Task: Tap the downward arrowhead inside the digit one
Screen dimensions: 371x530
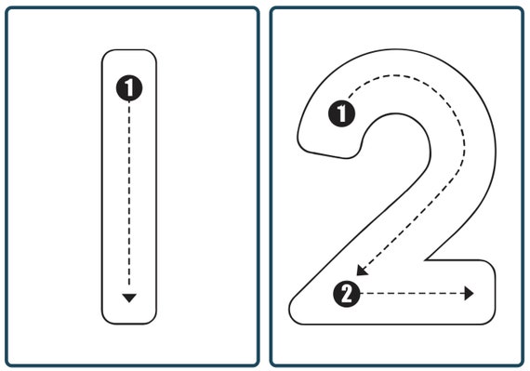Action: pos(129,298)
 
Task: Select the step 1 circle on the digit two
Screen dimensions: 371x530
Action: pos(342,113)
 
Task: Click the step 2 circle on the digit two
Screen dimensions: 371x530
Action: pos(345,295)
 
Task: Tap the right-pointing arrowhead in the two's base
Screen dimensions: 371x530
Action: pos(470,294)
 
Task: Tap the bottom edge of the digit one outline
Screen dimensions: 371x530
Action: pos(129,325)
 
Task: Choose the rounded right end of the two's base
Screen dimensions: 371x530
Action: pos(495,293)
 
